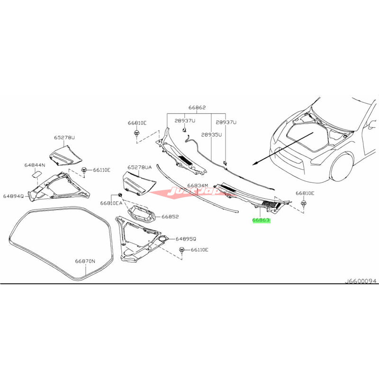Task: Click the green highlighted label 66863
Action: tap(261, 220)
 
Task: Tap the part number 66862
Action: tap(197, 108)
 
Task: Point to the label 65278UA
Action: tap(139, 167)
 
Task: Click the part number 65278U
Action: tap(63, 137)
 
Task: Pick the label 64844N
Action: tap(35, 165)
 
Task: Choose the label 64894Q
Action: tap(14, 195)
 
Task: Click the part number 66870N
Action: tap(85, 261)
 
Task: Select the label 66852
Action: tap(170, 217)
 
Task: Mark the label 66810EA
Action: tap(111, 202)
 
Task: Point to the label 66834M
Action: tap(198, 186)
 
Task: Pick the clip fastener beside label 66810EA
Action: tap(120, 195)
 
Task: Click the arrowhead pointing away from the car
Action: tap(254, 163)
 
